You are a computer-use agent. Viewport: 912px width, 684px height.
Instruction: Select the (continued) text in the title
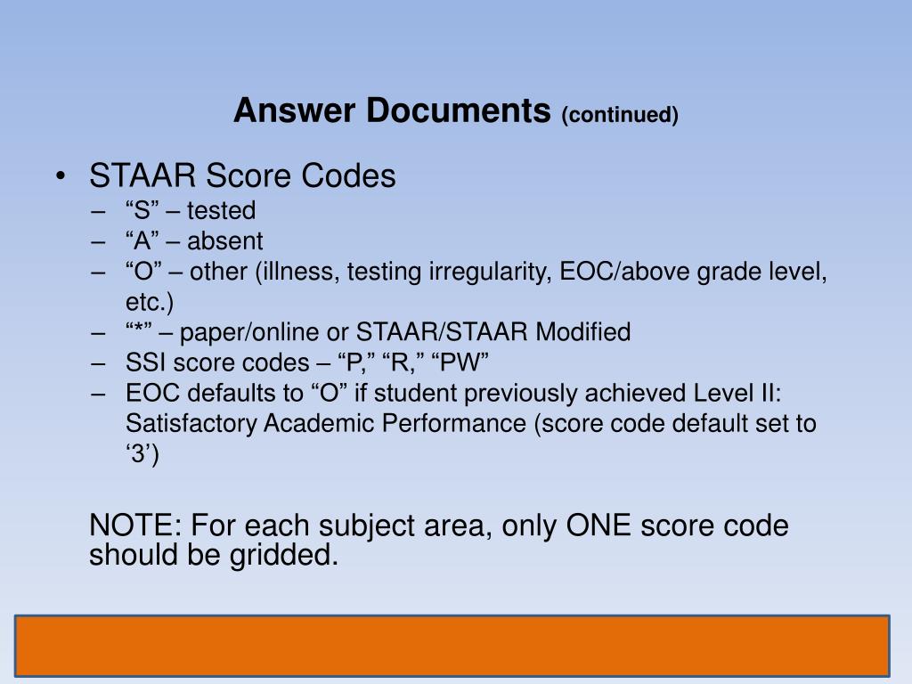click(x=620, y=115)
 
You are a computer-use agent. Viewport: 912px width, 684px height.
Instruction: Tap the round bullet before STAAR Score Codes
click(x=59, y=177)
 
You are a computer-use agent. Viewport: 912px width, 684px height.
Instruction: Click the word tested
click(x=221, y=211)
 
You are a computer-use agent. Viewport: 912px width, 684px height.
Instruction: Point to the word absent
click(x=225, y=241)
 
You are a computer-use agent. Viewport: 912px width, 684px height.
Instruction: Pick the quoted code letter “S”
click(x=142, y=211)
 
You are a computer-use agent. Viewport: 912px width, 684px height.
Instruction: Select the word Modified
click(x=582, y=332)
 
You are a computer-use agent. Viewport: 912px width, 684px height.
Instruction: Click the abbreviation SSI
click(x=146, y=363)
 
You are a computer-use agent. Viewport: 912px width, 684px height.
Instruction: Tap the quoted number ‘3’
click(x=142, y=454)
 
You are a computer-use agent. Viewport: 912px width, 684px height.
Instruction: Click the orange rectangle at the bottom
click(x=453, y=646)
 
